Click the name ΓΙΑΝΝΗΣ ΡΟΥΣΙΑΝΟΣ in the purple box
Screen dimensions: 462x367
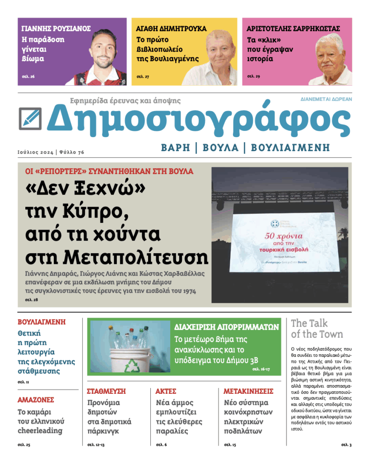point(56,28)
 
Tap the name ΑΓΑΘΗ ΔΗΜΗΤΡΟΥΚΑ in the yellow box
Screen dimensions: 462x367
point(171,28)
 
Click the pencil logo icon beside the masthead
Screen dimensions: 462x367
point(30,119)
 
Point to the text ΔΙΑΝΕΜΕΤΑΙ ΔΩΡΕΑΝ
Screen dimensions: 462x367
point(326,99)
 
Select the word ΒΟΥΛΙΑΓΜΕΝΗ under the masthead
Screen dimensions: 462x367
point(290,147)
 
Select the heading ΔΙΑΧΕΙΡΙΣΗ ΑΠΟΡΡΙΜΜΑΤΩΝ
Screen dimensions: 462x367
point(227,327)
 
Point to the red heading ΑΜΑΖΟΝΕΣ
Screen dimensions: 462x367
point(36,400)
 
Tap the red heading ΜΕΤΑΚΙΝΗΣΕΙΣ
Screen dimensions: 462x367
point(248,391)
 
